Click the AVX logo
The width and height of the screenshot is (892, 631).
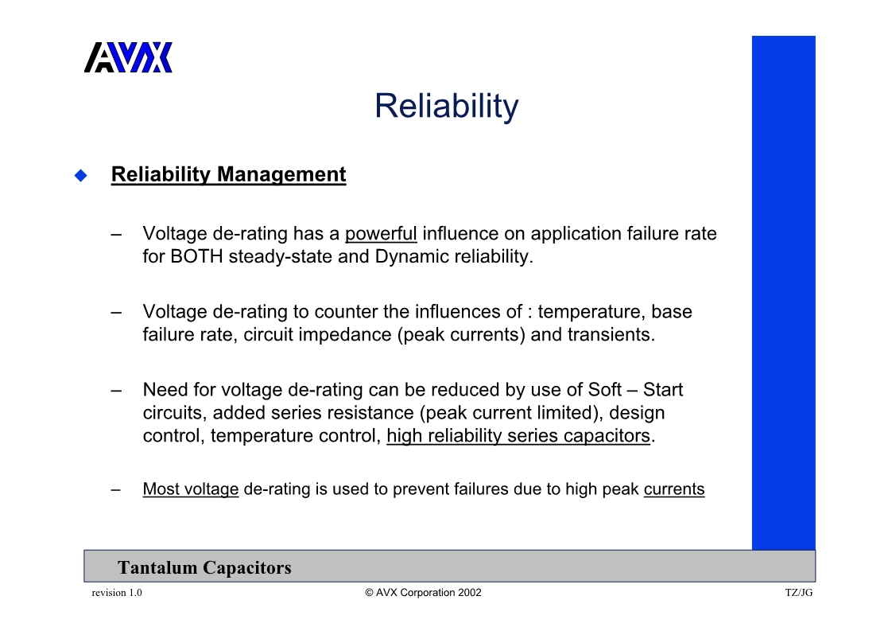pos(128,57)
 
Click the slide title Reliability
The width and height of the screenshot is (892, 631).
pos(447,106)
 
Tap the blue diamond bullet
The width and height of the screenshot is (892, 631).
pos(81,175)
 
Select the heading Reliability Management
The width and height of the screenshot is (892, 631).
pos(229,174)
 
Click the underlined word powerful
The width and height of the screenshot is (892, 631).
pos(381,234)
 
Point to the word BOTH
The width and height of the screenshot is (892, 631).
pos(196,256)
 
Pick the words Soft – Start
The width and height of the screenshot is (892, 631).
pos(635,390)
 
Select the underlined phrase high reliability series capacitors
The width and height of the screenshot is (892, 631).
pos(518,436)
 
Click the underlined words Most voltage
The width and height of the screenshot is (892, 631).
pos(191,489)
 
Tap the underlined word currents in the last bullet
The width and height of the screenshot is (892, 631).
pos(674,489)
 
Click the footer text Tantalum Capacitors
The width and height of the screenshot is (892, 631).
pos(205,567)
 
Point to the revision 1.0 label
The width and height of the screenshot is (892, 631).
pos(117,593)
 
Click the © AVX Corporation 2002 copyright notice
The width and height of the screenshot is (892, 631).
pos(423,593)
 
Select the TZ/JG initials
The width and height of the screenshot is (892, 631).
pos(799,593)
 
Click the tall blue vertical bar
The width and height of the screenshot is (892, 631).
pos(783,293)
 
